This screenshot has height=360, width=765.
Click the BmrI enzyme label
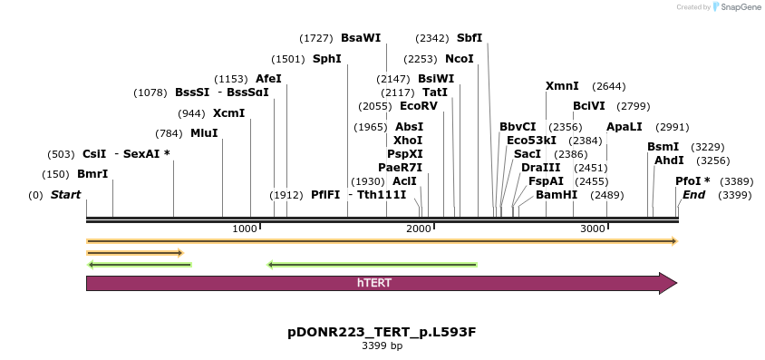point(92,174)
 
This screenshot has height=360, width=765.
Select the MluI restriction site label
point(204,133)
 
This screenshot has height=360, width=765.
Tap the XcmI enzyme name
point(228,113)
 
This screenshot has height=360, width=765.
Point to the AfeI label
point(268,79)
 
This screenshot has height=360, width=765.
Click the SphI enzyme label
point(326,59)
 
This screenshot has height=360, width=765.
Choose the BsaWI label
point(361,38)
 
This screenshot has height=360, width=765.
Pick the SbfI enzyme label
point(470,38)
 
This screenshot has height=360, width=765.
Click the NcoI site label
point(459,59)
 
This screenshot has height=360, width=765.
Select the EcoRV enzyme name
point(419,106)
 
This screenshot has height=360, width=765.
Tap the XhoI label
point(407,141)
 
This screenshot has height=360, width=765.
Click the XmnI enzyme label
point(562,86)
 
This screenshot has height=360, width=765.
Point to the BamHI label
point(556,195)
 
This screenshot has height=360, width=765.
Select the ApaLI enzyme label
point(624,127)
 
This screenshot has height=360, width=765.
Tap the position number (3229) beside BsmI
point(708,147)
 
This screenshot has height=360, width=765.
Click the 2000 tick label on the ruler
point(419,229)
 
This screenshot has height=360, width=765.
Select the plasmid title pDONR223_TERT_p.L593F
point(382,332)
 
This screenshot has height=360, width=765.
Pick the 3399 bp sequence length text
point(382,346)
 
